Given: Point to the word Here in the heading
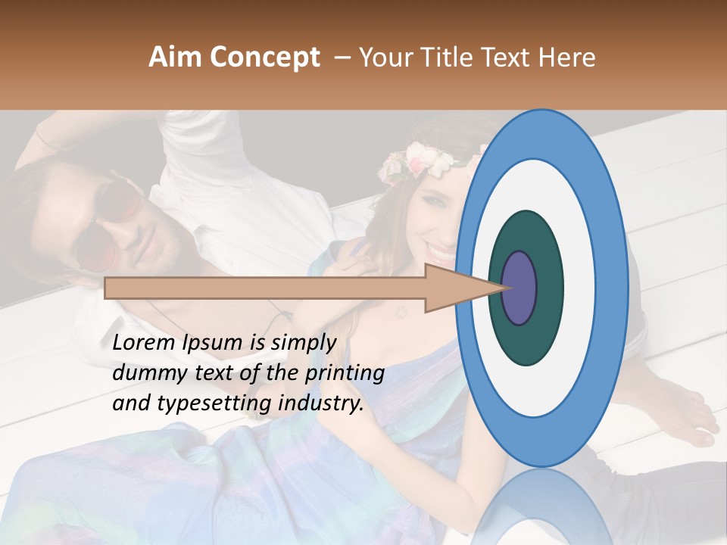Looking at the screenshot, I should tap(568, 58).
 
